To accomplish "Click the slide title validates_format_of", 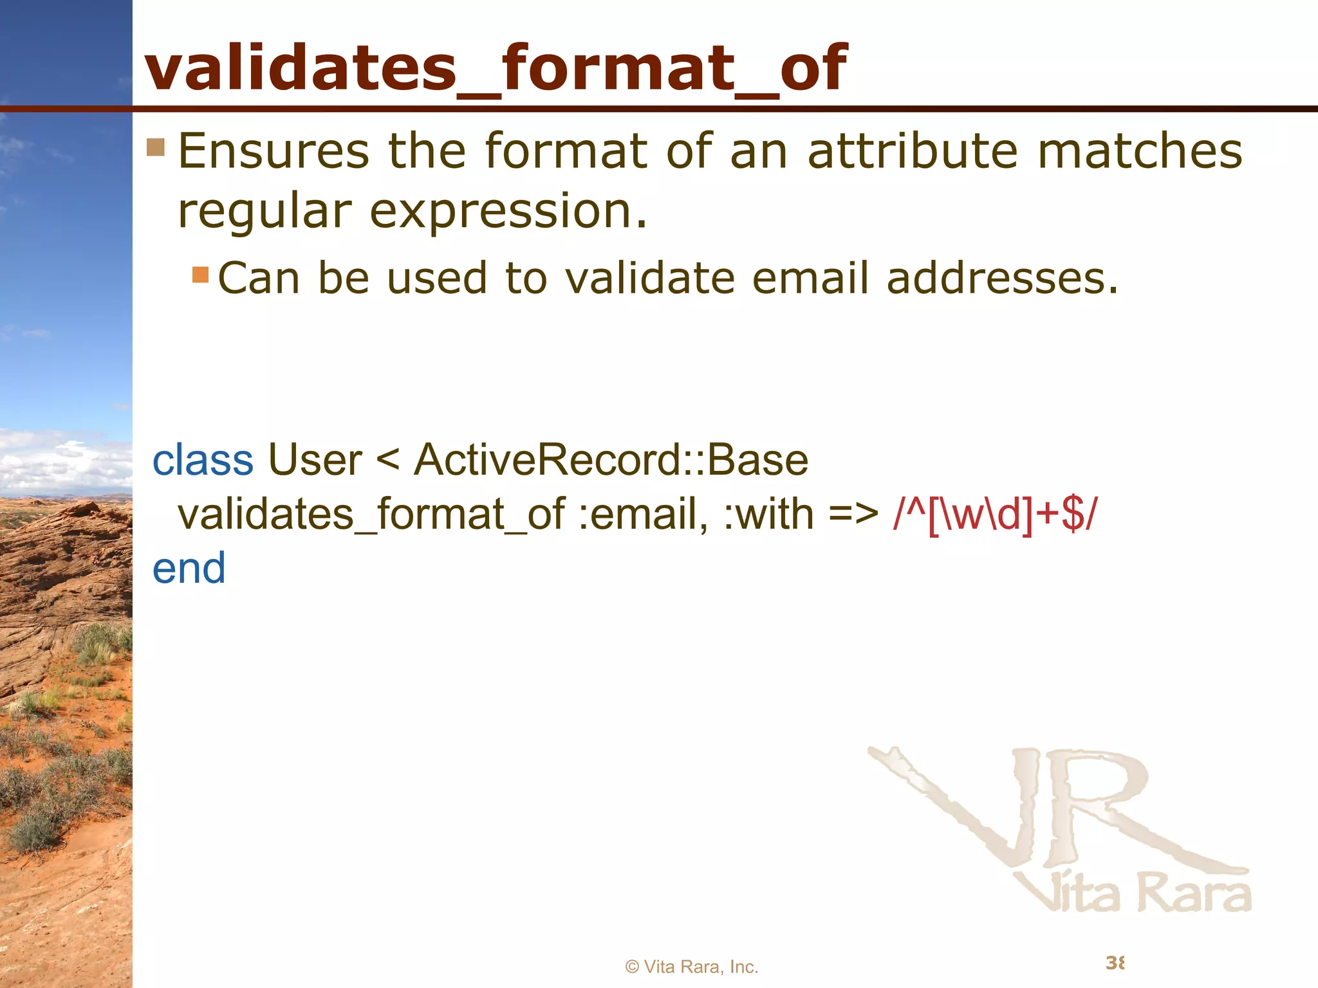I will pos(496,68).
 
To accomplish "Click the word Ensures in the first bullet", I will pos(274,152).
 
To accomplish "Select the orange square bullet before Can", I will pos(200,275).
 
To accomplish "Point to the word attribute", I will pos(913,152).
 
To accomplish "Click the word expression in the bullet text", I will pos(508,212).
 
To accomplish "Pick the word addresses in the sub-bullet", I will pos(1002,279).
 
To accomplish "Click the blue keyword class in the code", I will pos(203,461).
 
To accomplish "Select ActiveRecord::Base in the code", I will pos(611,461).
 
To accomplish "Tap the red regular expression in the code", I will pos(995,515).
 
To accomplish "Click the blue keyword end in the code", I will pos(189,569).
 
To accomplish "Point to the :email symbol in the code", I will pos(643,515).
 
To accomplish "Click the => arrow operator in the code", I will pos(853,515).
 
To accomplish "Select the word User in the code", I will pos(315,461).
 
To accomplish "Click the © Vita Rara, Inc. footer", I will pos(692,967).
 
